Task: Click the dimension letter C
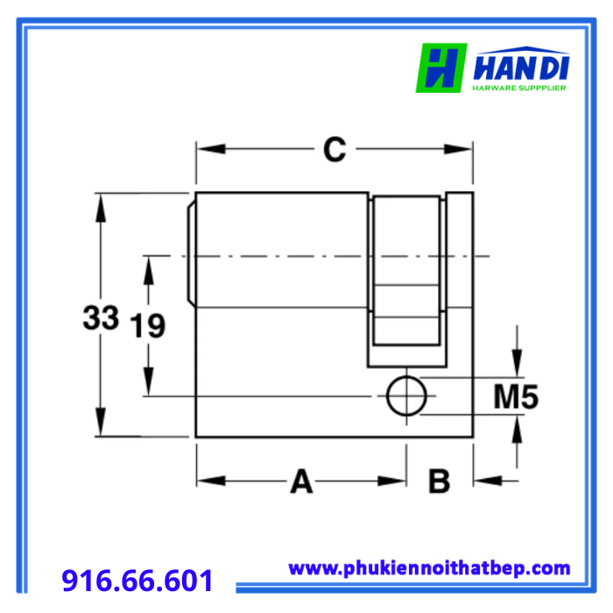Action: pos(335,149)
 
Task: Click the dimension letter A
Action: pos(301,481)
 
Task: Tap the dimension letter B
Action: pos(439,481)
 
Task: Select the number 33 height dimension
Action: pos(101,317)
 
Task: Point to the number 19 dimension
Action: pos(147,325)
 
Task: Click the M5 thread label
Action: pos(516,397)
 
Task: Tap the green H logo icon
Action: pos(441,68)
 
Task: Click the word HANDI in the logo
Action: pos(521,68)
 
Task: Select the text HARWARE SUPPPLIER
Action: pos(519,88)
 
